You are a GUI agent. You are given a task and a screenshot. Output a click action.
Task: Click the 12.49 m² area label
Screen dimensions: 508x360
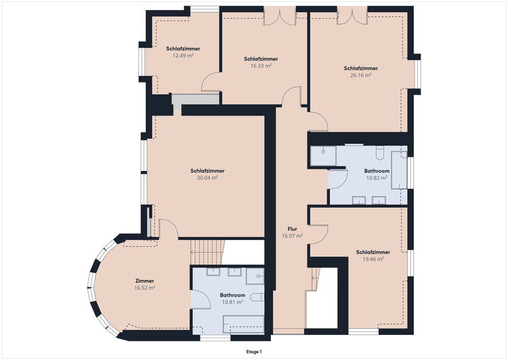point(183,56)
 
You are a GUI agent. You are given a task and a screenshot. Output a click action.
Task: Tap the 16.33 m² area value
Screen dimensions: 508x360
point(261,66)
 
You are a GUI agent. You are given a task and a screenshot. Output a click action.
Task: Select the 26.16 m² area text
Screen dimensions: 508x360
point(360,75)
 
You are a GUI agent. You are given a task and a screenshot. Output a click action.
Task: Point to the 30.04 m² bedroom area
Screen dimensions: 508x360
point(207,178)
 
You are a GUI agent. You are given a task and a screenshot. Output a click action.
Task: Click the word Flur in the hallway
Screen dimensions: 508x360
point(292,229)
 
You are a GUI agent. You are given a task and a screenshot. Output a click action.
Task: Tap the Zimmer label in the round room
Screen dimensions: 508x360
point(144,281)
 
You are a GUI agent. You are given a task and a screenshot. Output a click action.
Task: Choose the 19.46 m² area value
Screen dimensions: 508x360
point(373,259)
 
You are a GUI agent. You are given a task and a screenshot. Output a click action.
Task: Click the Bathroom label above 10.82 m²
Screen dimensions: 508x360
point(377,171)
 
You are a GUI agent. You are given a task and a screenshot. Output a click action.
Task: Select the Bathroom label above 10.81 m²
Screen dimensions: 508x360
point(232,295)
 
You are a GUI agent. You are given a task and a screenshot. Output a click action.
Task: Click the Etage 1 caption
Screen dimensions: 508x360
point(254,352)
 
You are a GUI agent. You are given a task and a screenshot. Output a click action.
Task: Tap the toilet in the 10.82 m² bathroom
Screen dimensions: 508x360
point(380,153)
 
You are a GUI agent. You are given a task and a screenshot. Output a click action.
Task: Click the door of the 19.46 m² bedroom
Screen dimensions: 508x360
point(319,234)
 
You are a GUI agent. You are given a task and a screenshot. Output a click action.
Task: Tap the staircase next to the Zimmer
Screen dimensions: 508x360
point(207,252)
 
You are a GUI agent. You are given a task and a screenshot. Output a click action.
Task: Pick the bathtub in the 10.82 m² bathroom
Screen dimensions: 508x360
point(399,170)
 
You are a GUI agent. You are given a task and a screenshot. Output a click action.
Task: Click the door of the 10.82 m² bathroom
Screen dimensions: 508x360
point(338,179)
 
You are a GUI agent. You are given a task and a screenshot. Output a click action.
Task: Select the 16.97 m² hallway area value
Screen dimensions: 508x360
point(292,236)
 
